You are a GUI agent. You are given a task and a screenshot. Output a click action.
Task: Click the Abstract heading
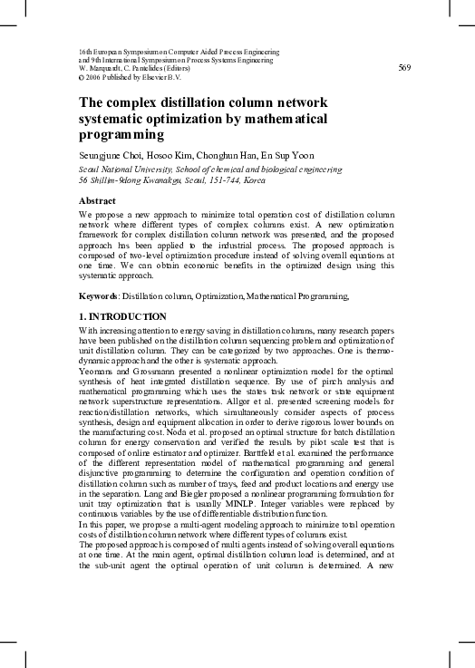(x=97, y=200)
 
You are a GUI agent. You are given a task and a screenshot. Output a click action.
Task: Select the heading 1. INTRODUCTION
(x=122, y=316)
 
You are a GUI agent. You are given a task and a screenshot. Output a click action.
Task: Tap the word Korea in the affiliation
(x=253, y=179)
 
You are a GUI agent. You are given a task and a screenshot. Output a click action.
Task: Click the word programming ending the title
(x=121, y=135)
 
